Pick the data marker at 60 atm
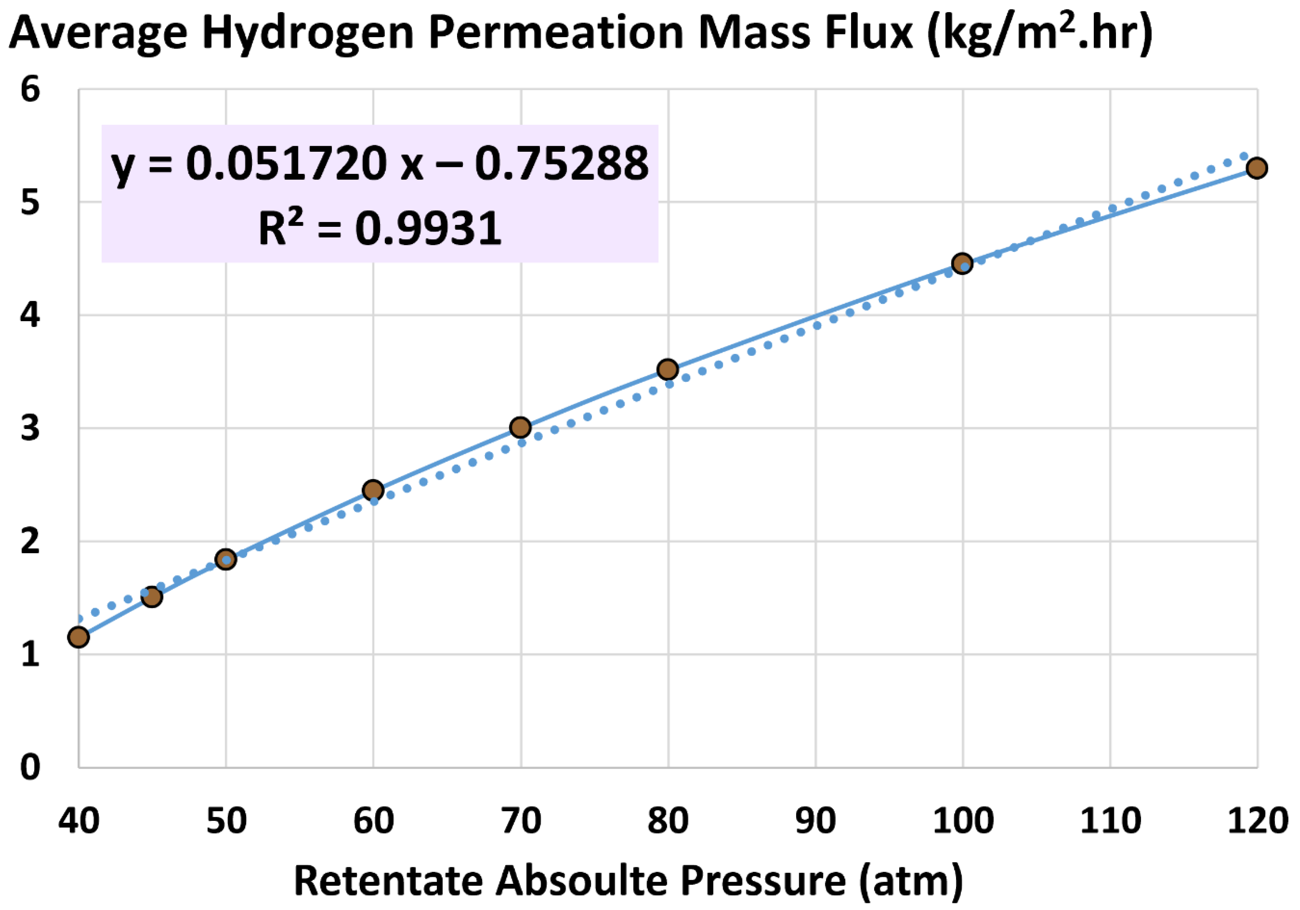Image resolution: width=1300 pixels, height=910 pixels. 373,490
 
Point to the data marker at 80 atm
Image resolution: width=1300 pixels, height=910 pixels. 668,369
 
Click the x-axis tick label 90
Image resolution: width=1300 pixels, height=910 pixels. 815,821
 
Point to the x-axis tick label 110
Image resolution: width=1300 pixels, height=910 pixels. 1110,821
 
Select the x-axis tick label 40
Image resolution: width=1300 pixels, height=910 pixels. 79,821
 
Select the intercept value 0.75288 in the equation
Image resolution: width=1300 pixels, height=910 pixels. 562,164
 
